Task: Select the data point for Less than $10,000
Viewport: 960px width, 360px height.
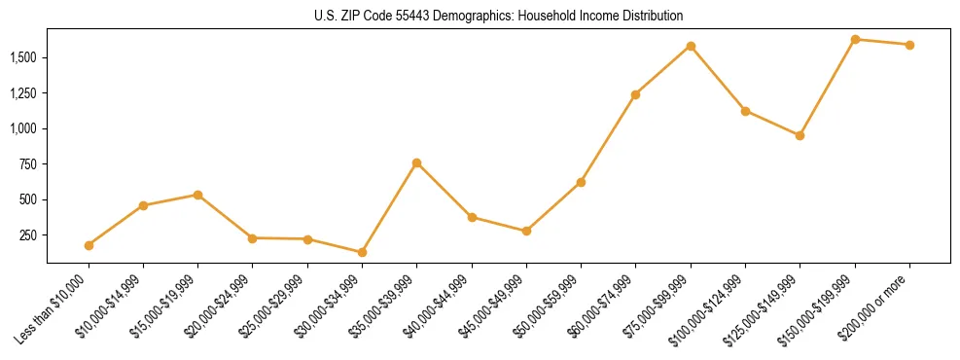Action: coord(89,245)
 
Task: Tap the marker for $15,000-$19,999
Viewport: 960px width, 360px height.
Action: coord(197,195)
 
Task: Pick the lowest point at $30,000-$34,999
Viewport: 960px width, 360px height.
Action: coord(362,252)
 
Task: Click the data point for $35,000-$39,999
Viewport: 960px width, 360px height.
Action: coord(416,162)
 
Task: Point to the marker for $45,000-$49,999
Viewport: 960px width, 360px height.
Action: coord(526,231)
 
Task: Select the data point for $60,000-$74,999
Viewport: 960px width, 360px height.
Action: coord(635,94)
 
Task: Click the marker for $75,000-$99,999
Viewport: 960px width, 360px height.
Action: coord(691,46)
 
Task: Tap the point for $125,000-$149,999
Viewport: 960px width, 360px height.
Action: coord(800,135)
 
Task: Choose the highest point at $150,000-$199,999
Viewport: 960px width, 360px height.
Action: coord(855,39)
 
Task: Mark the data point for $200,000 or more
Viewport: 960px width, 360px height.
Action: coord(909,45)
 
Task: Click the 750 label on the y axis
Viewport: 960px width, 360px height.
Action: coord(31,163)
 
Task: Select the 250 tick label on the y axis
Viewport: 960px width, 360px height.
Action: coord(31,235)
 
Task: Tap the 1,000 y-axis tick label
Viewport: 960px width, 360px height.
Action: coord(26,128)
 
